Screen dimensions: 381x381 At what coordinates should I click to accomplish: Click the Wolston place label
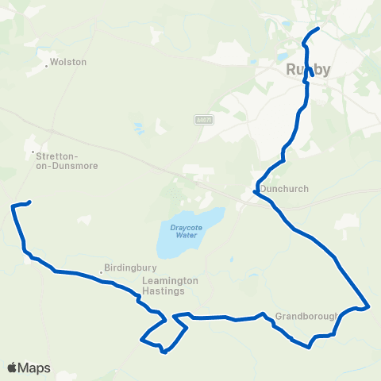[68, 62]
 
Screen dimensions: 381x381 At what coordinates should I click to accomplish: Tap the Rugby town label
[307, 70]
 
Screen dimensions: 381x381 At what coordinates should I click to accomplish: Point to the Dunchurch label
[284, 189]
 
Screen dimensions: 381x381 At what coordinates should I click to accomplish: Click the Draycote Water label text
[184, 231]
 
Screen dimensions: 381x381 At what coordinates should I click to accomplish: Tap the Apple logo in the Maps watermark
[13, 368]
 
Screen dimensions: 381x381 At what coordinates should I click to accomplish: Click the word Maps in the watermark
[35, 368]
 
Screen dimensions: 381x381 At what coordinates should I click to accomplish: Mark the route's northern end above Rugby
[318, 29]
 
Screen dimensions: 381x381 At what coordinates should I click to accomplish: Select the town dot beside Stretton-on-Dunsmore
[33, 152]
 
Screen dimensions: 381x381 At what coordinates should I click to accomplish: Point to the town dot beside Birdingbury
[102, 274]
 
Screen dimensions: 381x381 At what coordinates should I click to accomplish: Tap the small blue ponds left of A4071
[140, 127]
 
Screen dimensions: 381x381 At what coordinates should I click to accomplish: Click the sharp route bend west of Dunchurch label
[255, 191]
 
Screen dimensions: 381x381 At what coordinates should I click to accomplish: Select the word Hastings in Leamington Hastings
[164, 291]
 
